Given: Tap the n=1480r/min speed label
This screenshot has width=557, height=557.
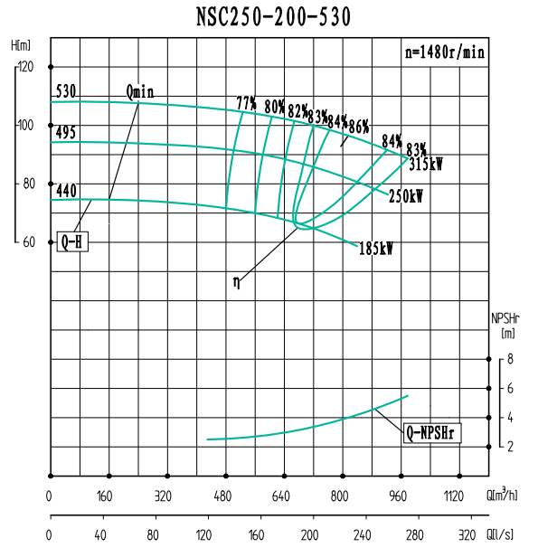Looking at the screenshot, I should click(444, 52).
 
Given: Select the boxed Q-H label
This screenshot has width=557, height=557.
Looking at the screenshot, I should click(72, 241).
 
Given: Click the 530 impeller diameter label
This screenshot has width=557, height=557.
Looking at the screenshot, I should click(65, 91).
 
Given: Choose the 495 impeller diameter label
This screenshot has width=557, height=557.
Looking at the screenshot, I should click(65, 133).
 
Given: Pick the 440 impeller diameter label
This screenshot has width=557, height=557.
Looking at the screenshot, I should click(65, 191).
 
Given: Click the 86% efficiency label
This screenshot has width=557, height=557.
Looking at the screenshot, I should click(359, 126).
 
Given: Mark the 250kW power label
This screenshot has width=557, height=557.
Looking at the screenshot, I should click(406, 196).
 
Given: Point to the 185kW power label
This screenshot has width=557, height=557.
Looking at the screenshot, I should click(376, 248).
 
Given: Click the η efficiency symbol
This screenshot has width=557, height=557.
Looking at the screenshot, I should click(236, 282).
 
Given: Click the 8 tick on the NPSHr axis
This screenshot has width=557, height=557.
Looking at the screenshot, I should click(510, 359).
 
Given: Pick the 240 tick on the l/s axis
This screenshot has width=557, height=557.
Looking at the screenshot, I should click(365, 534).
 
